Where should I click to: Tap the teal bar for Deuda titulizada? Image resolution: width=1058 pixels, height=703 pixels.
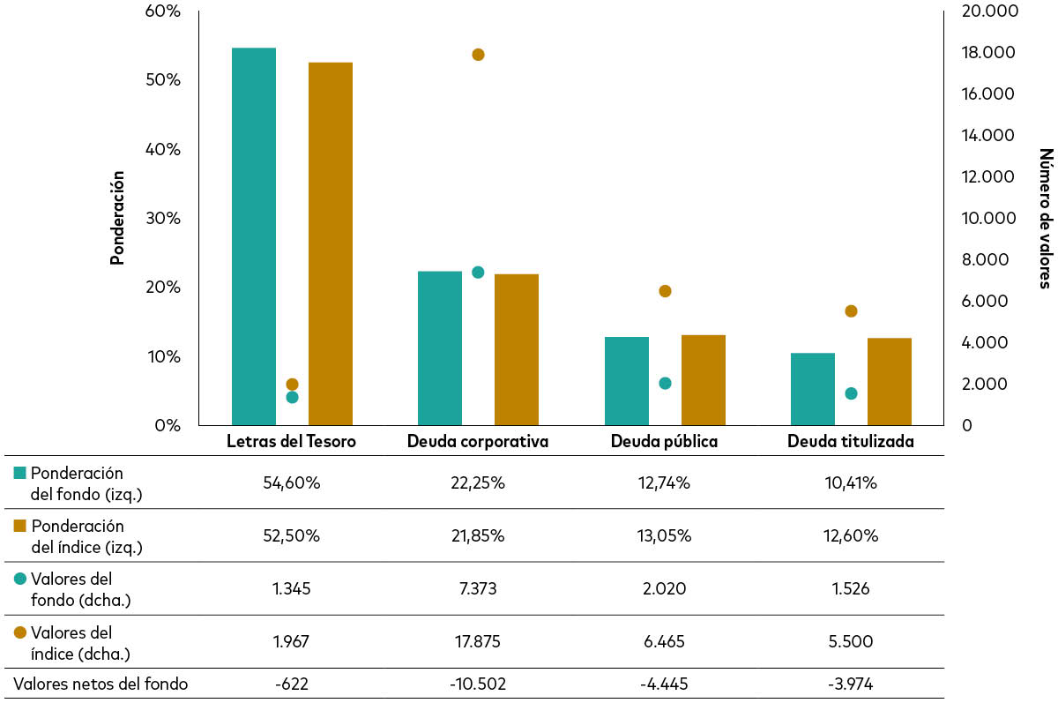click(x=812, y=389)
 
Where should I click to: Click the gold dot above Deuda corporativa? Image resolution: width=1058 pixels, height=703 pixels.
click(x=478, y=55)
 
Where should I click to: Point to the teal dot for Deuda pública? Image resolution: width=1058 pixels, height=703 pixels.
click(x=665, y=384)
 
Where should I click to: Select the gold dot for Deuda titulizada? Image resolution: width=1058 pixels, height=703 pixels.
click(x=851, y=311)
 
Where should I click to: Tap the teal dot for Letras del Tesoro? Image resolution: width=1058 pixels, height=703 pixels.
click(x=292, y=397)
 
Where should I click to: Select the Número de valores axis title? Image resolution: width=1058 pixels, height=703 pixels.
click(x=1045, y=218)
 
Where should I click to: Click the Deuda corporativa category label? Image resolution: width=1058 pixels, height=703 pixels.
click(x=478, y=441)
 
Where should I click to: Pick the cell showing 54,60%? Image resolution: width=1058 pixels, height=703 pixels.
click(x=292, y=483)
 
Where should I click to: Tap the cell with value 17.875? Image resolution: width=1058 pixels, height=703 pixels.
click(x=478, y=641)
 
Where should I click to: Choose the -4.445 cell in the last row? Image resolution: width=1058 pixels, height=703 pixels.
click(x=665, y=684)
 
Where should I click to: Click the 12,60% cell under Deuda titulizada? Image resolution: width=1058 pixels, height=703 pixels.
click(x=851, y=536)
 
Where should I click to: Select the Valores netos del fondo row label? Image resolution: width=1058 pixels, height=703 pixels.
click(x=101, y=684)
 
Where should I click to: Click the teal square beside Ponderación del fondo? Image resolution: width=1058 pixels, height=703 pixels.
click(x=19, y=474)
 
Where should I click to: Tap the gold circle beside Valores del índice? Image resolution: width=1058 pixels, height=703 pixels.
click(x=19, y=632)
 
